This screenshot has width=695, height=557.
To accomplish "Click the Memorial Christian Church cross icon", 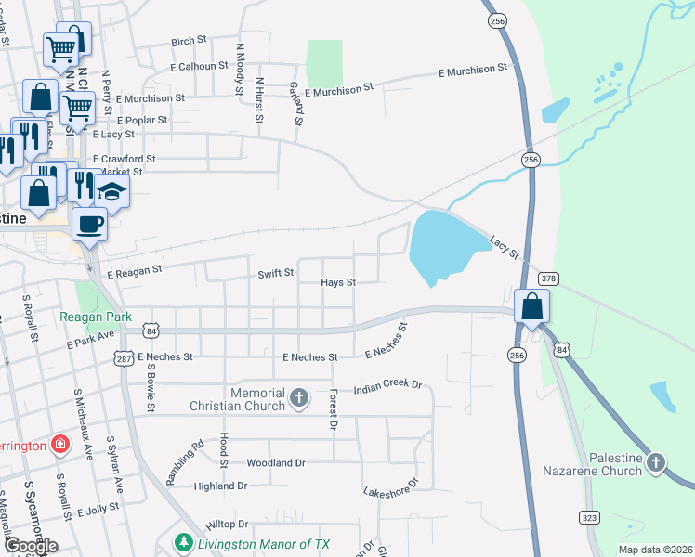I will (x=298, y=398).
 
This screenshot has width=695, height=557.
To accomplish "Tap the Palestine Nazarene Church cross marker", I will (x=656, y=461).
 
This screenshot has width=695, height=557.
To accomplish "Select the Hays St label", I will (x=338, y=282).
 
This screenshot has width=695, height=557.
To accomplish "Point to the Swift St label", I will (x=276, y=274).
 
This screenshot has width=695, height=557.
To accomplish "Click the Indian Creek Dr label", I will (x=387, y=386).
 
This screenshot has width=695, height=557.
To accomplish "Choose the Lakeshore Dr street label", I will (x=391, y=487).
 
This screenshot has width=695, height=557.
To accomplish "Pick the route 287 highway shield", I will (x=124, y=357).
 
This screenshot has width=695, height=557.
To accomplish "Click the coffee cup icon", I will (x=89, y=224).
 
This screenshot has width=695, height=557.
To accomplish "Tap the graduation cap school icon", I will (x=112, y=191).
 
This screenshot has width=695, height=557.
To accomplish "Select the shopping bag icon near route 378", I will (x=531, y=306).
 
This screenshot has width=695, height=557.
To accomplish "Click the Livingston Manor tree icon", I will (x=184, y=542).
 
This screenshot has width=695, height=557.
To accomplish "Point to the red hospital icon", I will (x=60, y=445).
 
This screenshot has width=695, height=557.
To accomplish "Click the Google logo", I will (x=31, y=546).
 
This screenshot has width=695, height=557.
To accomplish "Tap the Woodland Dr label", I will (x=275, y=462).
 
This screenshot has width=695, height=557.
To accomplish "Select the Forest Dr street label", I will (x=331, y=409).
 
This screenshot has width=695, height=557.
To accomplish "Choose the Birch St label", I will (x=188, y=42).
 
